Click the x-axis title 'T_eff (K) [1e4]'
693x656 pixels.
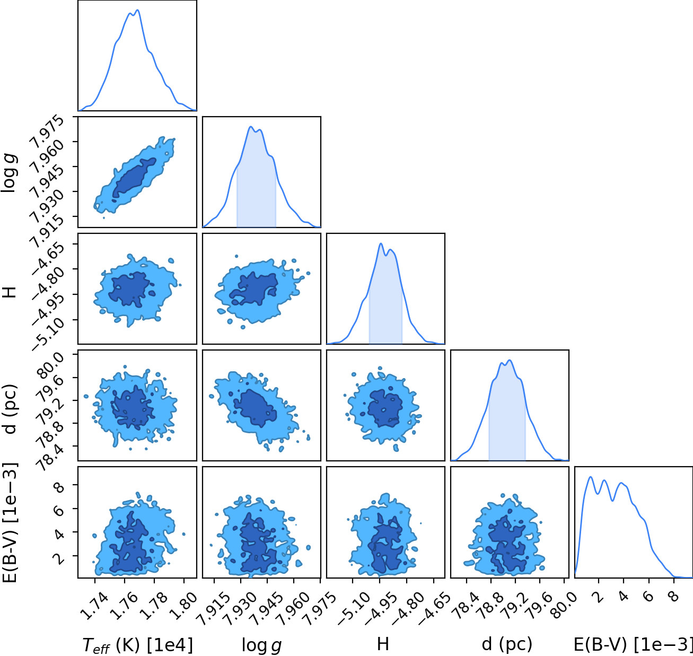137,645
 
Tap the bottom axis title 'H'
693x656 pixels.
383,644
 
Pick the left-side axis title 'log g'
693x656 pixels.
9,172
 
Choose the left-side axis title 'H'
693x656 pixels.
10,292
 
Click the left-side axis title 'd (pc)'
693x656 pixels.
10,408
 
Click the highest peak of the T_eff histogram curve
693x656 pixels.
138,10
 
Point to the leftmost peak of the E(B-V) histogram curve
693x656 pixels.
591,477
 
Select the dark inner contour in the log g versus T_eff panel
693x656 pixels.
134,178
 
